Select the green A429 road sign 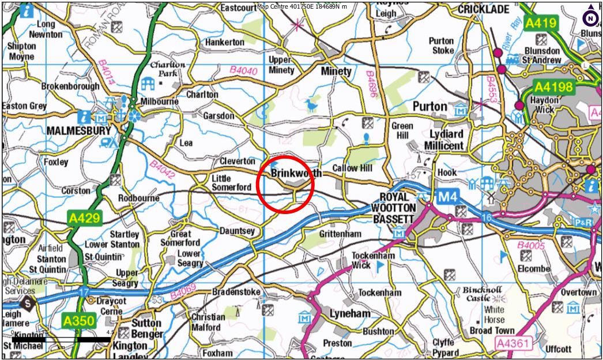pos(85,218)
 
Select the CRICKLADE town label pos(483,10)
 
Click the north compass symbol pos(591,18)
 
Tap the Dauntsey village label pos(237,231)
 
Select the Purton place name pos(429,107)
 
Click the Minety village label pos(336,72)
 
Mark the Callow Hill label pos(353,168)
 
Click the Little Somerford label pos(231,183)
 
